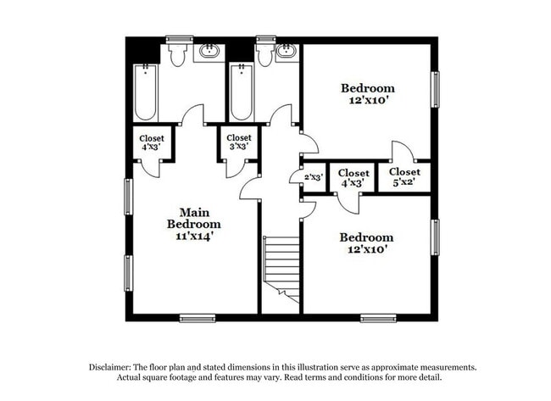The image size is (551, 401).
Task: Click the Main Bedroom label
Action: coord(193,218)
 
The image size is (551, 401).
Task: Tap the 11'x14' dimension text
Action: coord(193,237)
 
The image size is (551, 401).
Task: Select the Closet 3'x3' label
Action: coord(238,142)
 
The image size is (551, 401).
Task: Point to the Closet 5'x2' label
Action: coord(404,176)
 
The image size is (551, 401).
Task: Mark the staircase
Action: coord(281,268)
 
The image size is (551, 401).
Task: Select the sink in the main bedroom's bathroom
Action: coord(208,53)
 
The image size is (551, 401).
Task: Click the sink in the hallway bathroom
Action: coord(286,53)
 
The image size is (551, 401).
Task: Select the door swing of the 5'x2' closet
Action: coord(402,152)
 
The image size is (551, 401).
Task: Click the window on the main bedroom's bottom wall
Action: coord(197,319)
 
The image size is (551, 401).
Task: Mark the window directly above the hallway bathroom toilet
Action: coord(265,38)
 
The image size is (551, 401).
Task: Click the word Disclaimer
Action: coord(115,367)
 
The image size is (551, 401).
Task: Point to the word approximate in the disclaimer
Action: coord(397,367)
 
